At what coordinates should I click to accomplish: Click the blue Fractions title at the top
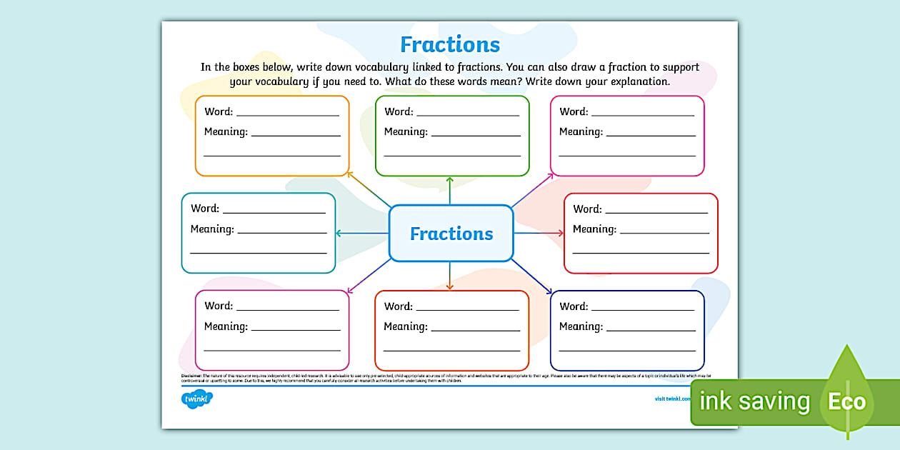(x=450, y=44)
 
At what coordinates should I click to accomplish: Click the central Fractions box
(x=451, y=234)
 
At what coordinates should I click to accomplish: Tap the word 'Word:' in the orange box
(x=219, y=111)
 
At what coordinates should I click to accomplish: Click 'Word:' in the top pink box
(x=574, y=111)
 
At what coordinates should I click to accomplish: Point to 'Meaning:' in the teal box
(x=212, y=229)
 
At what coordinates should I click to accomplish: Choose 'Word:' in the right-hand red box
(x=587, y=209)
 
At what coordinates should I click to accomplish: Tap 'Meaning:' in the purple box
(x=226, y=326)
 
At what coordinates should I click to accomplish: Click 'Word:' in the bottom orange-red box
(x=399, y=306)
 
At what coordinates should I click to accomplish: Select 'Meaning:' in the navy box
(x=581, y=326)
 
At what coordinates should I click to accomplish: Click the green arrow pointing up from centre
(x=449, y=190)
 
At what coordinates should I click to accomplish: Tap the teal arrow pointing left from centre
(x=361, y=233)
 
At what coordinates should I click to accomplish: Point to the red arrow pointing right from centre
(x=539, y=233)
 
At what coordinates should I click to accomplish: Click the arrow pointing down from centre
(x=449, y=276)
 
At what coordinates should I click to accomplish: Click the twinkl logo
(x=197, y=400)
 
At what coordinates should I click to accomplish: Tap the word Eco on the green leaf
(x=846, y=401)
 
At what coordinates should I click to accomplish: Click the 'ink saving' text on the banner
(x=754, y=401)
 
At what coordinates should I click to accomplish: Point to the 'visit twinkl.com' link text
(x=672, y=399)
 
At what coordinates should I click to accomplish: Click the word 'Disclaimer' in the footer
(x=191, y=375)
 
